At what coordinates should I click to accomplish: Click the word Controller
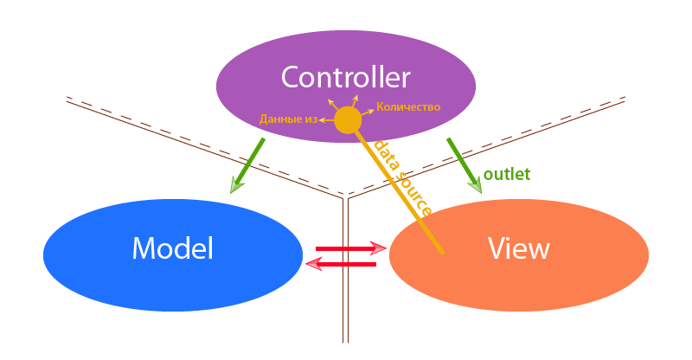click(x=345, y=78)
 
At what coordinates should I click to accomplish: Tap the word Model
click(x=172, y=248)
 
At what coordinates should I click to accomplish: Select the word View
click(x=519, y=248)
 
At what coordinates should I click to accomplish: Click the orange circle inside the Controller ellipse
click(x=347, y=120)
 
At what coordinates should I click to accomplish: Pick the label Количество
click(x=409, y=107)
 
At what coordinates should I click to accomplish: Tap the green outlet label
click(x=507, y=174)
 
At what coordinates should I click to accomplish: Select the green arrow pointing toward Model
click(x=247, y=164)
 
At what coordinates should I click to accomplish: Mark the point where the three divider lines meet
click(x=346, y=198)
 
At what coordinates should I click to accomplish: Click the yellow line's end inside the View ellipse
click(x=441, y=251)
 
